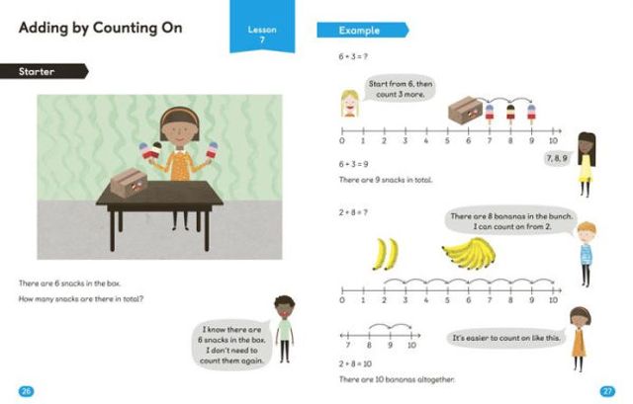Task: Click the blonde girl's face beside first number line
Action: [x=349, y=102]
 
